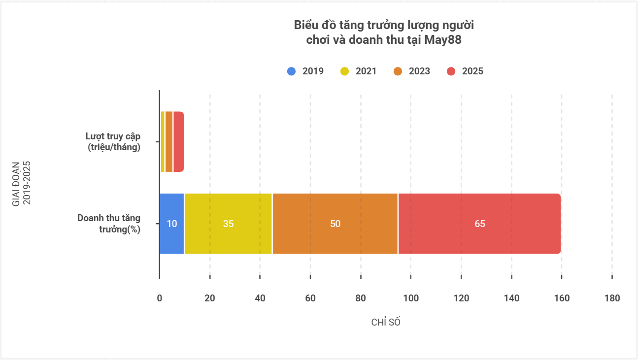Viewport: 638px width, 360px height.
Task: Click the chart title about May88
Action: pos(384,32)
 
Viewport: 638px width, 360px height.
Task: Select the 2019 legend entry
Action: pos(305,71)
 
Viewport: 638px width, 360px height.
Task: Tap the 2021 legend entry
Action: pos(359,71)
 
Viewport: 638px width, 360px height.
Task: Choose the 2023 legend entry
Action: pos(412,71)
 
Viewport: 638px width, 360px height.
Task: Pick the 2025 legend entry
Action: pos(465,71)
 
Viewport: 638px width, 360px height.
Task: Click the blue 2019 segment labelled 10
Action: pos(172,224)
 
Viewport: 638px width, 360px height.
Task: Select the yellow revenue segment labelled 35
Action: pos(229,224)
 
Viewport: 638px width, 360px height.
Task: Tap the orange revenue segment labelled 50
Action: pos(335,224)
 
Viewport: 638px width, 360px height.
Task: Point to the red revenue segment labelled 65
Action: pos(480,224)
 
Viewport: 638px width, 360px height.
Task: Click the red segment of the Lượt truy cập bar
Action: pos(178,141)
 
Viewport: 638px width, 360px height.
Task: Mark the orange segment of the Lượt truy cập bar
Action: pos(169,141)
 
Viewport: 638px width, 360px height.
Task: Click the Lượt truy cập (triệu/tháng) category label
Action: pos(113,141)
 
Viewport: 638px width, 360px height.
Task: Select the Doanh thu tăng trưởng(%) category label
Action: pos(109,224)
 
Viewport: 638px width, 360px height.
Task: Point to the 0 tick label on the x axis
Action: pos(160,298)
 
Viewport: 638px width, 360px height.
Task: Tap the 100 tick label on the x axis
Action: pos(411,298)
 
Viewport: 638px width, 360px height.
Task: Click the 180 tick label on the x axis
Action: pos(612,298)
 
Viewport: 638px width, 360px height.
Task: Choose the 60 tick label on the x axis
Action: pos(310,298)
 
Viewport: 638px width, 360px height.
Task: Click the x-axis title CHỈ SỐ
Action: pos(386,322)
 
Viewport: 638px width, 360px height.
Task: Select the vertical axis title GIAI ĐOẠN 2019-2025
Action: pos(21,183)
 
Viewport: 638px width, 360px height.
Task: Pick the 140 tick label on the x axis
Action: pos(511,298)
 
